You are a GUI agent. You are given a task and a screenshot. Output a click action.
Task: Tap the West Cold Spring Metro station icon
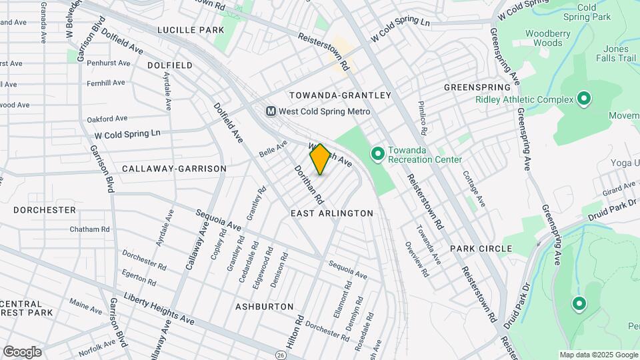271,111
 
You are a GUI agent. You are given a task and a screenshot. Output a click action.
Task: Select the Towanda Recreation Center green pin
377,154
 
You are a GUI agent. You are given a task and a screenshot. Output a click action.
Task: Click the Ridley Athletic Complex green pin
584,99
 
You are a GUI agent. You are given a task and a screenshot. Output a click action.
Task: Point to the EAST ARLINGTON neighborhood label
332,213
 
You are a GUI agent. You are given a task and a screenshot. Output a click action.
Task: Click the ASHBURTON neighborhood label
264,306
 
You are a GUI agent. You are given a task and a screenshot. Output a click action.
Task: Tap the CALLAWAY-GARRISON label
174,169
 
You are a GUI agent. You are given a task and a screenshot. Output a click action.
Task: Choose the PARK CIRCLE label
481,248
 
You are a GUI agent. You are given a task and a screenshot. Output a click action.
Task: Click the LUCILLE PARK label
191,30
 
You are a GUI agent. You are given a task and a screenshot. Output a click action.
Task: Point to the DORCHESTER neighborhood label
45,209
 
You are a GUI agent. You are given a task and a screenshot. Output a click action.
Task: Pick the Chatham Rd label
89,229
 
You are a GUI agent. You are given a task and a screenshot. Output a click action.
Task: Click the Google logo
22,352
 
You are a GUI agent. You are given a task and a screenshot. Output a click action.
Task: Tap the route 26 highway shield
281,355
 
